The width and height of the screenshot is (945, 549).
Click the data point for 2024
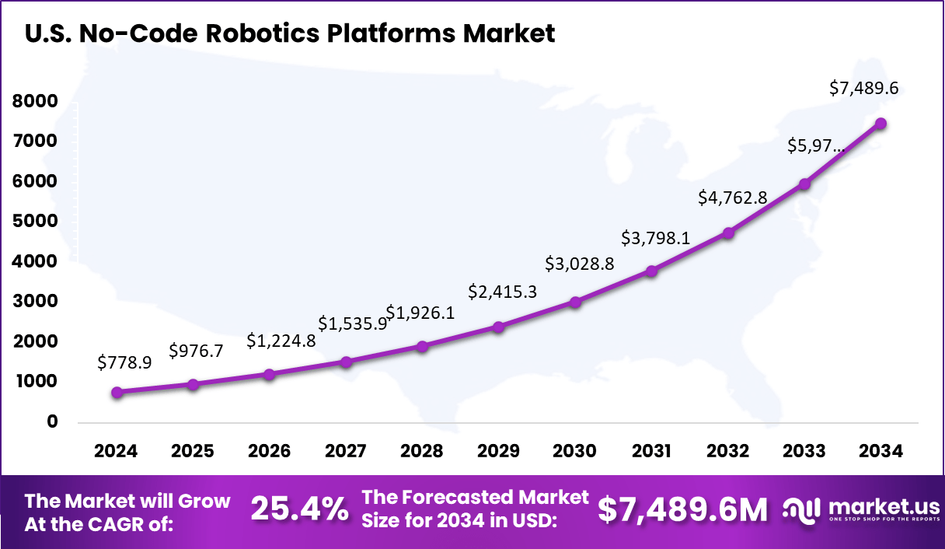[x=117, y=393]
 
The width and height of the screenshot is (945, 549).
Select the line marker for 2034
[x=880, y=124]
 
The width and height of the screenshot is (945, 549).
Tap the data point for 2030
[x=575, y=302]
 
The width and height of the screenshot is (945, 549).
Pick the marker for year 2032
[x=728, y=233]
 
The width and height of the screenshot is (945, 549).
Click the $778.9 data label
[x=124, y=362]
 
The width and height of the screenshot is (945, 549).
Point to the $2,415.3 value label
[x=502, y=292]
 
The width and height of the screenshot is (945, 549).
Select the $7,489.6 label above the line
[x=863, y=88]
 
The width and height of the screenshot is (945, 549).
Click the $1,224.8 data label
[x=281, y=341]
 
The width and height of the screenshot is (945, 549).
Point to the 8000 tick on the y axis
[x=35, y=101]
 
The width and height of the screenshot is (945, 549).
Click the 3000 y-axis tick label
[x=35, y=301]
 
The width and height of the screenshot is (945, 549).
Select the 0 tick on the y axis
[x=52, y=421]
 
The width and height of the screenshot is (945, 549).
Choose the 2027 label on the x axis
[x=346, y=451]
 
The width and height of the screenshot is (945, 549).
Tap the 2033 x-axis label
[x=804, y=451]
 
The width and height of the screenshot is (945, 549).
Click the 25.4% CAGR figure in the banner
[x=299, y=510]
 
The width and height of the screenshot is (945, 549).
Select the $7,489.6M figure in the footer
[x=682, y=510]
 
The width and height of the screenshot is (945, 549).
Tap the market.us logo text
[x=884, y=505]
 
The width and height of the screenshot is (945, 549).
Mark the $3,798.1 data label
[x=654, y=237]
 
